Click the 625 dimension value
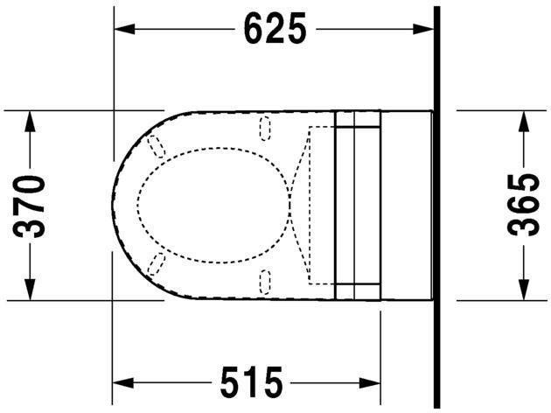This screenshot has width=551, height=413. (x=275, y=30)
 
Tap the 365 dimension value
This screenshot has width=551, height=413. (x=523, y=206)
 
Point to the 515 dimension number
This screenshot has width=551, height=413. (x=251, y=382)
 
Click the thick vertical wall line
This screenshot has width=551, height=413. (x=436, y=206)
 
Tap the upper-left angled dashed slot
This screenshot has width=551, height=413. (x=157, y=146)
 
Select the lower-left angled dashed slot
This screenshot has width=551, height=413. (x=157, y=264)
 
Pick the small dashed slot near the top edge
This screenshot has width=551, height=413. (x=266, y=129)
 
